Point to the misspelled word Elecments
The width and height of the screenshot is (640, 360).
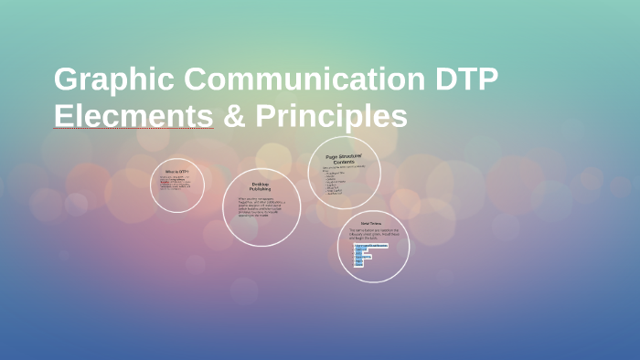[133, 117]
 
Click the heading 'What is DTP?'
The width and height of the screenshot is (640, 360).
[177, 172]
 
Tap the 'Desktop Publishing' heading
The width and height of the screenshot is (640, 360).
[261, 186]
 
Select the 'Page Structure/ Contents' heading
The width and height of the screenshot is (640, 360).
[345, 159]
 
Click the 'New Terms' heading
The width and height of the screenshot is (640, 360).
[370, 223]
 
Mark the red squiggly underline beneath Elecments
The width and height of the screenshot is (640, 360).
[133, 130]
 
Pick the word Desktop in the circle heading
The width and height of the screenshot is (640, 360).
[261, 184]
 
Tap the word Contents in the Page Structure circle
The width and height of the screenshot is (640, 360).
[345, 163]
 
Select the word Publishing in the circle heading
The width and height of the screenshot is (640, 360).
[261, 189]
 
